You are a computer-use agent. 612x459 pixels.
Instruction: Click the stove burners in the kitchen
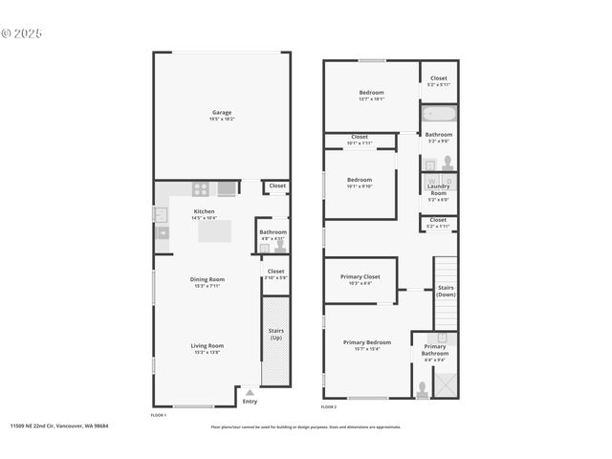[x=202, y=188]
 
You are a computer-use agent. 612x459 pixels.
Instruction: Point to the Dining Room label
[x=207, y=281]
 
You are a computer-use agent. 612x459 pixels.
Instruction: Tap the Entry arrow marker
[x=250, y=392]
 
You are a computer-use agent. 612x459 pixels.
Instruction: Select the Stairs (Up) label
[x=275, y=335]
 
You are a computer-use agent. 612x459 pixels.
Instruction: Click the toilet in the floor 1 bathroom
[x=280, y=246]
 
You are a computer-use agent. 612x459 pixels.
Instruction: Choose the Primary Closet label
[x=360, y=279]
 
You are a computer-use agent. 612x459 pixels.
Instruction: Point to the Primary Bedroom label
[x=367, y=344]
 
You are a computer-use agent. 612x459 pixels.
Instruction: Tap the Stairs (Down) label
[x=446, y=291]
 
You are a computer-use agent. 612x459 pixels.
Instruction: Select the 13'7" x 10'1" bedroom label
[x=371, y=95]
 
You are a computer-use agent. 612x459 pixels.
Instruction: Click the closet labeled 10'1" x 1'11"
[x=360, y=140]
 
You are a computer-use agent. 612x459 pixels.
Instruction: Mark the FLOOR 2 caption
[x=329, y=407]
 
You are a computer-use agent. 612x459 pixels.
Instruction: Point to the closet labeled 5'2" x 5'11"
[x=438, y=81]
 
